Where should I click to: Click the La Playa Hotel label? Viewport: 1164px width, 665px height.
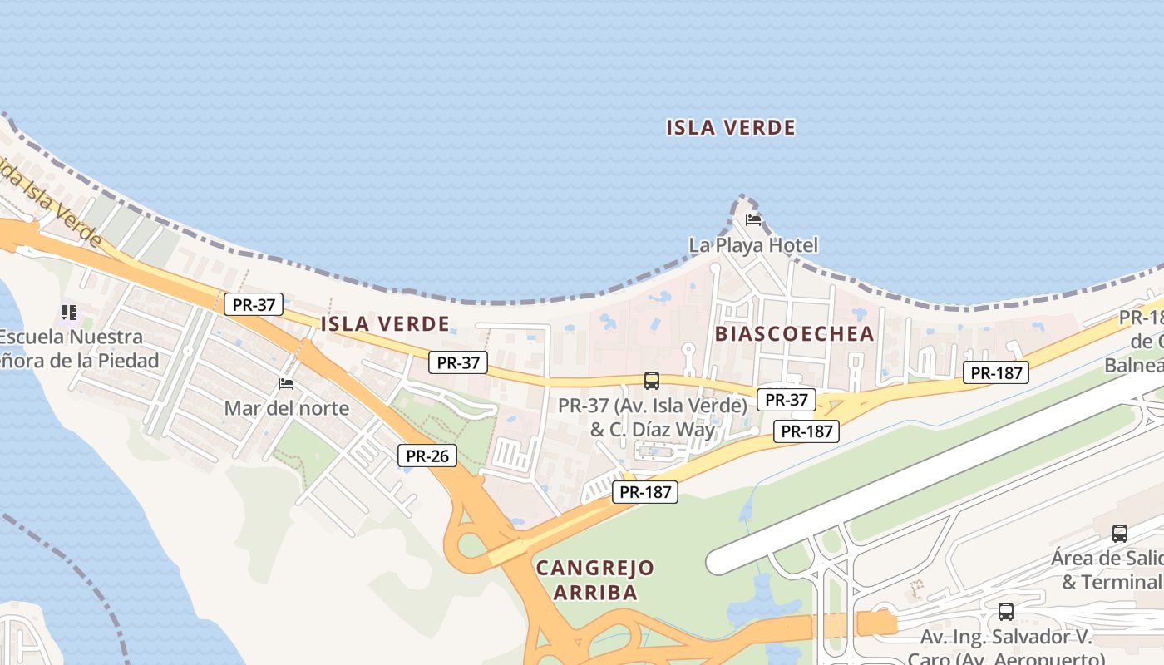(x=753, y=245)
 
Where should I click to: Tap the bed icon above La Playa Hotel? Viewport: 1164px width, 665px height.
(x=753, y=220)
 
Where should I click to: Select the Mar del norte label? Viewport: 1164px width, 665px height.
(x=286, y=409)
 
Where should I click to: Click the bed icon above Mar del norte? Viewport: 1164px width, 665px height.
(x=286, y=384)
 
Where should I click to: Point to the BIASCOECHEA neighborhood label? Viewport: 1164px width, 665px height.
(x=794, y=334)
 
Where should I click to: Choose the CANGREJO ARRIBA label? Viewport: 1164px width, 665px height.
(x=594, y=580)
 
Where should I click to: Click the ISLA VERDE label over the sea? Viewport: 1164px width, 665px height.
(x=731, y=128)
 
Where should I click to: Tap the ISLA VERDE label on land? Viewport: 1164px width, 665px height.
(x=385, y=324)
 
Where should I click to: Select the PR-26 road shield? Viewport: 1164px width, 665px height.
(x=427, y=456)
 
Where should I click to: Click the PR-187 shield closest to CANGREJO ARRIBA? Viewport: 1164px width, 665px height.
(x=646, y=492)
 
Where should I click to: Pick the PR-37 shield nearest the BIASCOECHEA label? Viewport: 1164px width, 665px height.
(x=787, y=400)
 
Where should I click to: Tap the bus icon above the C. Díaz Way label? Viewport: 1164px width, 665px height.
(x=652, y=381)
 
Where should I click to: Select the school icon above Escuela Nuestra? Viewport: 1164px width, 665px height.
(x=69, y=313)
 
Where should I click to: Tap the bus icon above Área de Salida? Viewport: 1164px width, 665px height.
(x=1120, y=534)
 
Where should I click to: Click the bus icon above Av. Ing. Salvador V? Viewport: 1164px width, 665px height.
(x=1006, y=612)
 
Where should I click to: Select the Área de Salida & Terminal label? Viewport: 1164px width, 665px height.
(x=1110, y=569)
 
